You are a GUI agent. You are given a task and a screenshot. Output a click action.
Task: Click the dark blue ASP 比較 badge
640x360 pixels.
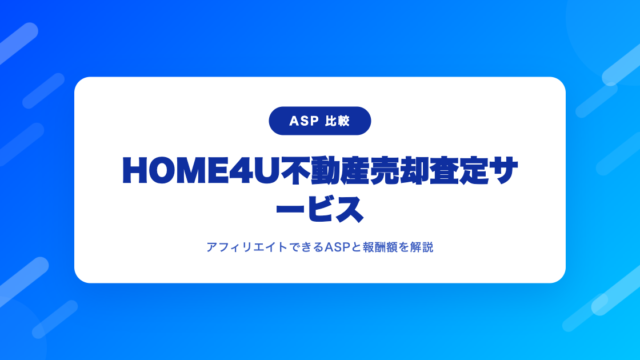(x=320, y=121)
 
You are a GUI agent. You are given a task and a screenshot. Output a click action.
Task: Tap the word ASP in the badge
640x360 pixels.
(x=304, y=121)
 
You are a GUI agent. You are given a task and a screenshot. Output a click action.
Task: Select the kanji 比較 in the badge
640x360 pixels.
(x=338, y=121)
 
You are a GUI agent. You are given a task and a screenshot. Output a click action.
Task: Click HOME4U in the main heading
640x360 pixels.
(x=200, y=171)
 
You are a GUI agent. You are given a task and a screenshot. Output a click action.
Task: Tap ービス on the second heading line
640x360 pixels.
(x=320, y=209)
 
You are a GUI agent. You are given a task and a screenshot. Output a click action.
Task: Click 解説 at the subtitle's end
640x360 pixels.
(x=422, y=247)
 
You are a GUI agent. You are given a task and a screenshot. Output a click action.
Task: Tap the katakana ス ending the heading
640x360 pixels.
(x=349, y=209)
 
